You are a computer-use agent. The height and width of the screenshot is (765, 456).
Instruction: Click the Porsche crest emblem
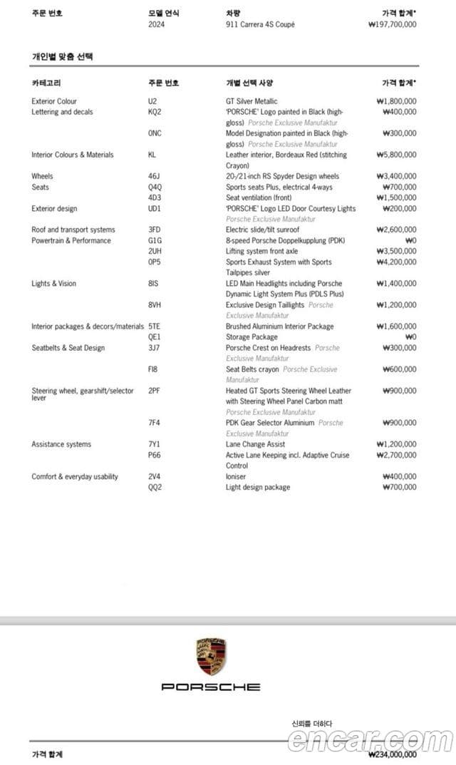click(x=211, y=657)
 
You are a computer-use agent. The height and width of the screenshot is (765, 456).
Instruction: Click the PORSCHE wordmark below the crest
click(x=211, y=687)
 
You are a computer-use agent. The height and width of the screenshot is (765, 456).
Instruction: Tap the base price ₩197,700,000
click(x=393, y=24)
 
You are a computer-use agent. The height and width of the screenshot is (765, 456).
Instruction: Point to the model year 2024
click(x=156, y=24)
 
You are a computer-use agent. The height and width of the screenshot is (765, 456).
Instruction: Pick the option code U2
click(x=152, y=101)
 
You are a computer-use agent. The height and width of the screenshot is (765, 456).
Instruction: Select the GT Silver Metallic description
click(x=252, y=101)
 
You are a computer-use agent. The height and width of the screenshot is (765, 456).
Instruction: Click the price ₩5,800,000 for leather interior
click(x=396, y=155)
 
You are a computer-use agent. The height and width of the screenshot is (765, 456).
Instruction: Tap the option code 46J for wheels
click(x=154, y=176)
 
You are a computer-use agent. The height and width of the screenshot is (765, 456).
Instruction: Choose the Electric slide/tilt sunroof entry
click(x=262, y=230)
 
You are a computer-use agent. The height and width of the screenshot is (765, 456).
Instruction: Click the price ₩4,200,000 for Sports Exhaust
click(x=396, y=262)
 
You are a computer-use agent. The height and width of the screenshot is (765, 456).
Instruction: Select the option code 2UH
click(x=155, y=252)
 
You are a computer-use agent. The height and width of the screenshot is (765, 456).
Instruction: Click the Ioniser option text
click(x=236, y=477)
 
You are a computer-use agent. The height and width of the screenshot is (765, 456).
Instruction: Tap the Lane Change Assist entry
click(x=255, y=444)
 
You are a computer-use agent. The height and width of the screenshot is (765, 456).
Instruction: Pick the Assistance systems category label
click(x=61, y=444)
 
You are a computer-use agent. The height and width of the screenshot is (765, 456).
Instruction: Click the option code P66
click(x=154, y=455)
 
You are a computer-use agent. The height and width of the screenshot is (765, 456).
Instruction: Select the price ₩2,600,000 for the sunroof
click(x=396, y=230)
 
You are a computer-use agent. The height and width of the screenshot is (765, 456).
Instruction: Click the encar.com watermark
click(x=370, y=740)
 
